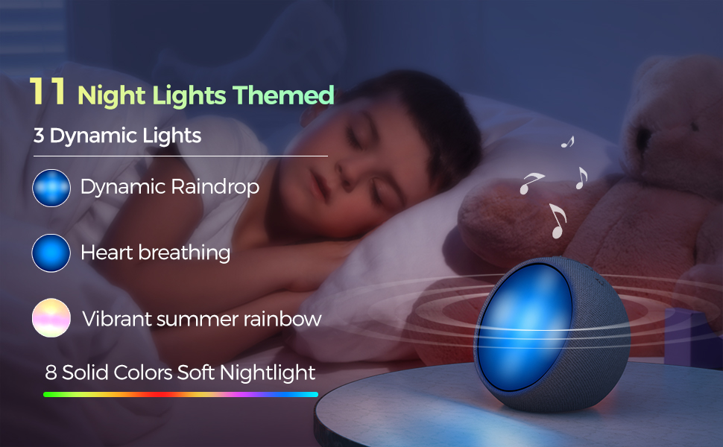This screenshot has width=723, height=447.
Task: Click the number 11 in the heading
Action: (x=48, y=91)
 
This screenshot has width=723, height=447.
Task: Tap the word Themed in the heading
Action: (x=283, y=95)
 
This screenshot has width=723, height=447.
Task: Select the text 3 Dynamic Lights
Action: (x=117, y=136)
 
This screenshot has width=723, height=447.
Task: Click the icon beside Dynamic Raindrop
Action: (x=51, y=188)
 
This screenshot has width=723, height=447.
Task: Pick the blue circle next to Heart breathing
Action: (x=51, y=253)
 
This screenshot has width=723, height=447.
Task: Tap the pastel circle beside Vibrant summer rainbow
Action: (x=51, y=318)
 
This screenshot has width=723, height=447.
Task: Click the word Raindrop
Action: (x=215, y=187)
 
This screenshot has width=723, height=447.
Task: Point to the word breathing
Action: (x=184, y=253)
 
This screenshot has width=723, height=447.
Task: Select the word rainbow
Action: (x=282, y=319)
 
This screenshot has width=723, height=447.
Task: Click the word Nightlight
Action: (x=268, y=372)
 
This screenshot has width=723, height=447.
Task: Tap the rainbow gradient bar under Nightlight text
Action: (x=180, y=394)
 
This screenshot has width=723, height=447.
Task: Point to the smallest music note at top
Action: (x=568, y=142)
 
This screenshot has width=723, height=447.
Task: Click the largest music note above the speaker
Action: (x=557, y=221)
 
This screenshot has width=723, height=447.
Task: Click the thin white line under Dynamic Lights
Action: (x=180, y=156)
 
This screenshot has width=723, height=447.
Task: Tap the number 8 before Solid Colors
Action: (x=51, y=372)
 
